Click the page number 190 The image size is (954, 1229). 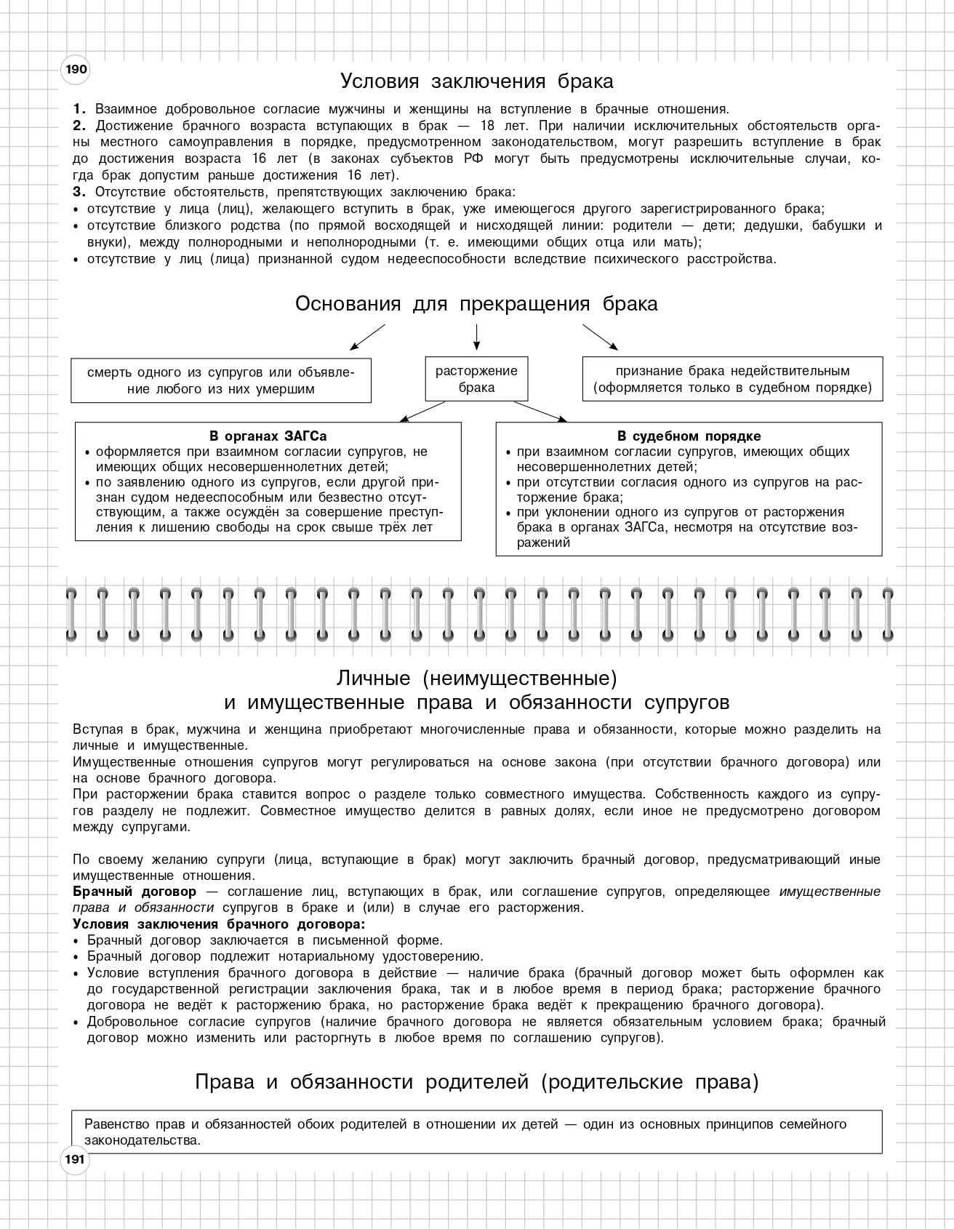pos(76,70)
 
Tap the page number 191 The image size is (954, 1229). pos(75,1159)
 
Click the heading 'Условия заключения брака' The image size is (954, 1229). pos(477,81)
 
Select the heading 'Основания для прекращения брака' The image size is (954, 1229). pos(476,304)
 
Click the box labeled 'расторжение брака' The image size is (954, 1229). pos(476,379)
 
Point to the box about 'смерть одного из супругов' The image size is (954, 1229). pos(221,380)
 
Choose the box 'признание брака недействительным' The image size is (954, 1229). pos(732,379)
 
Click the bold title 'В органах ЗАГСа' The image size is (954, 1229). pos(268,436)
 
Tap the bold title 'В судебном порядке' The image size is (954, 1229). pos(689,436)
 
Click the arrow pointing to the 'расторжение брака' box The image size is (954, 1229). pos(476,336)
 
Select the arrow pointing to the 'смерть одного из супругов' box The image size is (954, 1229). pos(367,337)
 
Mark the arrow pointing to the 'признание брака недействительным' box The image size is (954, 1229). pos(600,337)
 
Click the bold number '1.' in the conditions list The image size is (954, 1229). pos(79,109)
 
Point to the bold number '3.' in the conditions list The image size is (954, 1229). pos(79,192)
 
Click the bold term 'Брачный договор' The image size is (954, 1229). pos(135,892)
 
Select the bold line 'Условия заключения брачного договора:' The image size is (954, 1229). pos(219,924)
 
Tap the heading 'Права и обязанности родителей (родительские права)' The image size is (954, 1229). pos(476,1083)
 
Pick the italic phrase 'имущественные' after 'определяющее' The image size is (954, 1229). pos(830,892)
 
